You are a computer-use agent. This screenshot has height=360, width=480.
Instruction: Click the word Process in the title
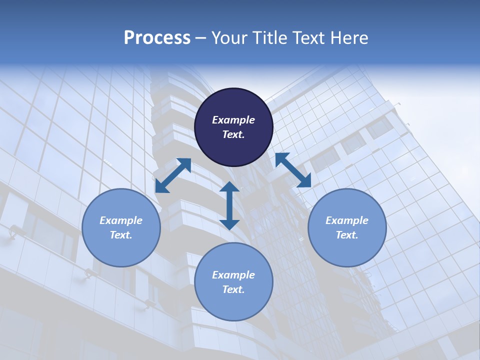click(x=157, y=38)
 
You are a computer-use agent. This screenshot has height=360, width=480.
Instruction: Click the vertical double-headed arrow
click(x=229, y=205)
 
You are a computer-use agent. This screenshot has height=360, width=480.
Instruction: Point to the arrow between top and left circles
click(x=173, y=175)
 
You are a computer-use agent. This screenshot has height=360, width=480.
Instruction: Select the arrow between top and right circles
click(x=293, y=170)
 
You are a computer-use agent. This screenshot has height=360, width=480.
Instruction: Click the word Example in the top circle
click(x=233, y=120)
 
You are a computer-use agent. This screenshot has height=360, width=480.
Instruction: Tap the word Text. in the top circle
click(x=233, y=134)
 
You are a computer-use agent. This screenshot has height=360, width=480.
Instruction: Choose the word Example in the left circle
click(x=121, y=220)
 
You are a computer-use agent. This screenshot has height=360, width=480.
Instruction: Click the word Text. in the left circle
click(x=121, y=235)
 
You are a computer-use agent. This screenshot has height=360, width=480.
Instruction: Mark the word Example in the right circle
click(x=347, y=220)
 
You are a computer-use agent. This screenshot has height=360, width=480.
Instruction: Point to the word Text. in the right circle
click(x=347, y=235)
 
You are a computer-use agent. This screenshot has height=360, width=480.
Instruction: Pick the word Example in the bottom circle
click(x=233, y=275)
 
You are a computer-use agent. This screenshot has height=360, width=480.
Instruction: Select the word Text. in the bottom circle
click(x=233, y=289)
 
